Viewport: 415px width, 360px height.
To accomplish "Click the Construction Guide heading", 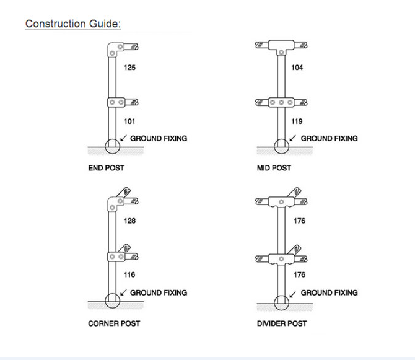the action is [x=73, y=24].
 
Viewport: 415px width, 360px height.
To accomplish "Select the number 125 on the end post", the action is [x=129, y=68].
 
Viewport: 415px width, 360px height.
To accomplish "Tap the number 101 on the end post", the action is [x=129, y=121].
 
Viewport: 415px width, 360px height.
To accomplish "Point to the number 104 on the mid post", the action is [x=297, y=68].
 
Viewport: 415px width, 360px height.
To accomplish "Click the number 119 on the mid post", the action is [x=297, y=121].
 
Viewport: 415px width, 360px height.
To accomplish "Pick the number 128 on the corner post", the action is [x=129, y=221].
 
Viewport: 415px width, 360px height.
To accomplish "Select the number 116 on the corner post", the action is [x=129, y=274].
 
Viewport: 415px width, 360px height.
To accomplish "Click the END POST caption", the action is [x=106, y=168].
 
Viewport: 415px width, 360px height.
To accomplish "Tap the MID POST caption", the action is [x=274, y=168].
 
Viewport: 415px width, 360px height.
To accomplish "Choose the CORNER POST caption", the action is [x=114, y=323].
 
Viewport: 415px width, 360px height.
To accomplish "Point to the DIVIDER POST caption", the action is [x=282, y=323].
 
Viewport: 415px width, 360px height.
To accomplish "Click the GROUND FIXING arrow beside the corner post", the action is [x=123, y=292].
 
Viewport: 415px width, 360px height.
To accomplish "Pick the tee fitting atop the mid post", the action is [x=281, y=45].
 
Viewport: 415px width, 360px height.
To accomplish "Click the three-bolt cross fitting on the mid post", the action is [x=281, y=102].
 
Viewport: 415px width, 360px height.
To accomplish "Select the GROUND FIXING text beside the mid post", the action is [x=330, y=138].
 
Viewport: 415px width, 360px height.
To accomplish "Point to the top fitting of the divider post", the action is [x=281, y=202].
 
